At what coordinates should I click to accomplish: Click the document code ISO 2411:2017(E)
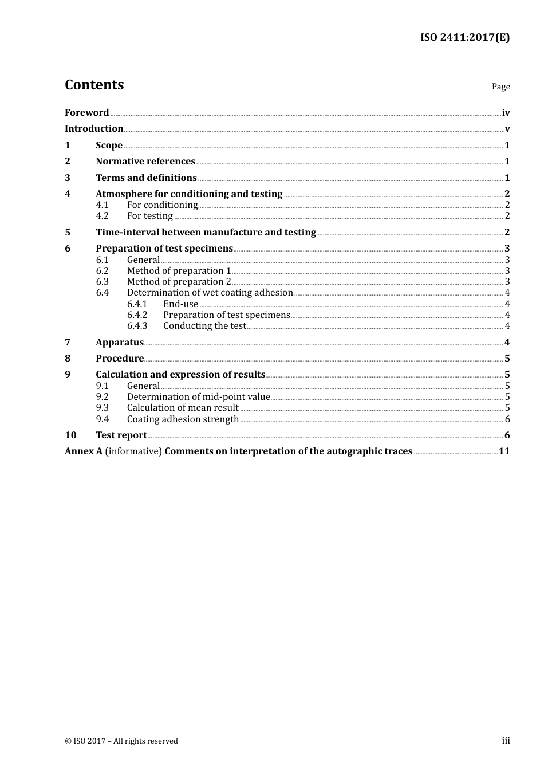click(x=465, y=38)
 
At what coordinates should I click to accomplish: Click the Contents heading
click(x=94, y=85)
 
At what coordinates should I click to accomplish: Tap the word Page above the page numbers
click(x=500, y=87)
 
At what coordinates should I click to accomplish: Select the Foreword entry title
click(x=86, y=113)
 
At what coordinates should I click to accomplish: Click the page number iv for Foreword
click(x=506, y=113)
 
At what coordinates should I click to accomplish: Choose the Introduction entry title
click(x=94, y=129)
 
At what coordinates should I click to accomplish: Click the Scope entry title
click(x=109, y=146)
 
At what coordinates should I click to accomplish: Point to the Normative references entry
click(x=145, y=162)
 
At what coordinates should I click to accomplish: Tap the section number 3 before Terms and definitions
click(x=68, y=178)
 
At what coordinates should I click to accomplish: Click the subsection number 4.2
click(x=103, y=216)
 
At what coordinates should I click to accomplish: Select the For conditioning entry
click(x=162, y=205)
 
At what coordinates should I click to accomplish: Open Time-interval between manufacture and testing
click(x=206, y=233)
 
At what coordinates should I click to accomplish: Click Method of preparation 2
click(x=179, y=282)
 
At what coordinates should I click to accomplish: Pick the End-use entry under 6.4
click(x=180, y=304)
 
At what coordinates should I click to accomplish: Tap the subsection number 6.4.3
click(x=137, y=326)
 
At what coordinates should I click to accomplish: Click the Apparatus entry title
click(x=120, y=343)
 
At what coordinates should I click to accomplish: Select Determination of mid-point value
click(x=198, y=397)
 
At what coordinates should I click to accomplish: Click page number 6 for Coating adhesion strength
click(x=507, y=419)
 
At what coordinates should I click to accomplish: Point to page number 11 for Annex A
click(x=504, y=451)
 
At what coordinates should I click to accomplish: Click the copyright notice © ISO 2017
click(x=121, y=741)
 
